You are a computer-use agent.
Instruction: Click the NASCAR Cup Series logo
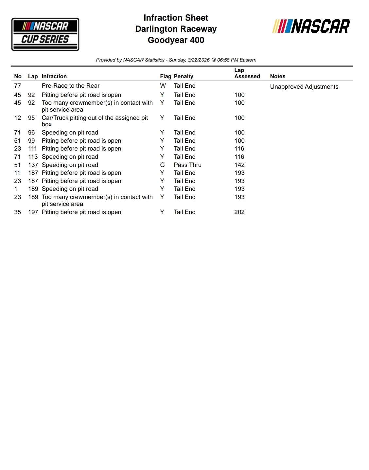tap(45, 34)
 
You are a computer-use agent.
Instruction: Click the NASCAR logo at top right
tap(311, 27)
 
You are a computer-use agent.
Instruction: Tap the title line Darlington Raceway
tap(176, 29)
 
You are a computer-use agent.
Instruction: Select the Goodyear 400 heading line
tap(176, 40)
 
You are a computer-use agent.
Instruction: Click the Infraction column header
tap(54, 77)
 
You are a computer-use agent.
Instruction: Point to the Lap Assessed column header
tap(247, 73)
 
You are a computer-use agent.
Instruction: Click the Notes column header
tap(277, 77)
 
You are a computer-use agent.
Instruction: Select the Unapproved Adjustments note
tap(304, 87)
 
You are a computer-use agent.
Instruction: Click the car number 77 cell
tap(18, 86)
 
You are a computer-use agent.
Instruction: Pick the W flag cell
tap(163, 86)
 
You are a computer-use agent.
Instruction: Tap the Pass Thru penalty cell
tap(187, 165)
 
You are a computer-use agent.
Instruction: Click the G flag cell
tap(162, 165)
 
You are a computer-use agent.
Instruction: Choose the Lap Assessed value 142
tap(239, 165)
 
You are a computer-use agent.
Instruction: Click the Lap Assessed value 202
tap(239, 212)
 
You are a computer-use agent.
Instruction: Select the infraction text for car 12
tap(95, 121)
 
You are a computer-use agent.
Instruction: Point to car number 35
tap(18, 212)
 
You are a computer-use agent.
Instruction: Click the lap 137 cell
tap(33, 165)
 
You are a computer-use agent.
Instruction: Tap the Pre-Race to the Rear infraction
tap(70, 86)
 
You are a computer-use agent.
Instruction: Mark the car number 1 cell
tap(16, 189)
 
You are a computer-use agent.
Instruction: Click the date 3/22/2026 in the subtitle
tap(199, 60)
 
